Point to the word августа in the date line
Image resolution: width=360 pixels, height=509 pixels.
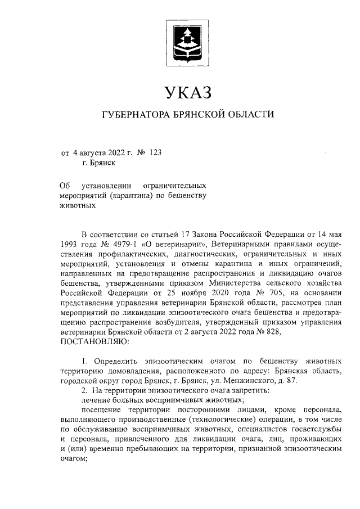point(93,152)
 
